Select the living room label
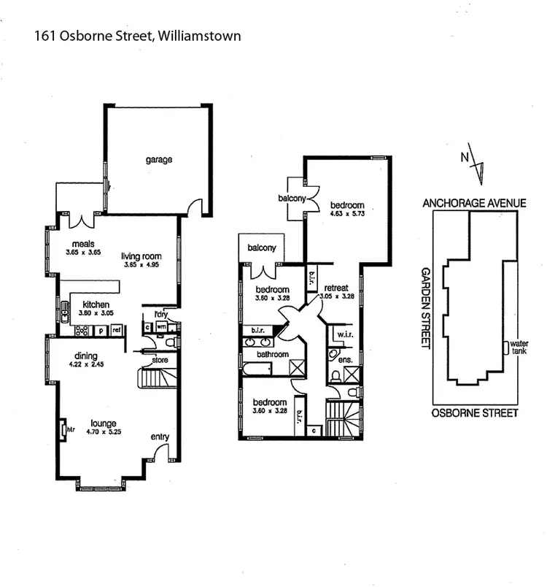click(x=141, y=256)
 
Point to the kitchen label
click(x=96, y=304)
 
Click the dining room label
click(x=87, y=356)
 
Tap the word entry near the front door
click(x=160, y=437)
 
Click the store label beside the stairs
click(x=160, y=361)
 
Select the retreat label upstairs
click(x=338, y=287)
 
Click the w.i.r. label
click(x=341, y=334)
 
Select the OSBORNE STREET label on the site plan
click(x=474, y=413)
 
